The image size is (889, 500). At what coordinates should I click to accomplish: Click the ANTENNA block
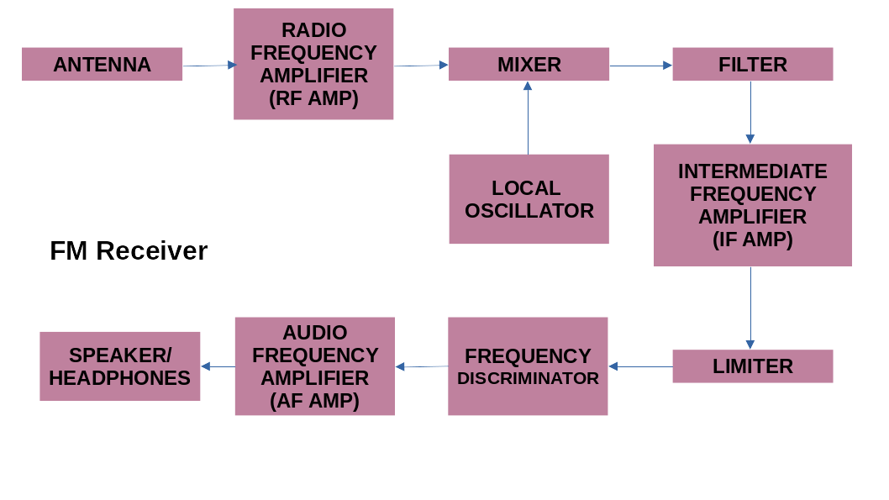click(102, 65)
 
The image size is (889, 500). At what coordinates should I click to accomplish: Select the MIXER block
click(529, 65)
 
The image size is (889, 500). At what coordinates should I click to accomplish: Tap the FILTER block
click(752, 65)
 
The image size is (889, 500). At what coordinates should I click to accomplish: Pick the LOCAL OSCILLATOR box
click(529, 199)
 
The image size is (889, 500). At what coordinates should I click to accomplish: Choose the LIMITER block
click(752, 366)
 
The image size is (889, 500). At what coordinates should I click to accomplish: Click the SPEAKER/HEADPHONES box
click(119, 366)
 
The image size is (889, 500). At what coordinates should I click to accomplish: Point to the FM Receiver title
click(129, 250)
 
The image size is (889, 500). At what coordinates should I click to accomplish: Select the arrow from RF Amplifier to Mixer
click(420, 66)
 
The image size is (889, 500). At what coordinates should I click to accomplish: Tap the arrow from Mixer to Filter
click(640, 66)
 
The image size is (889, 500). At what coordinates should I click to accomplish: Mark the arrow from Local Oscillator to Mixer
click(528, 118)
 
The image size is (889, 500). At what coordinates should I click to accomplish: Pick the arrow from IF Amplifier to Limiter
click(750, 308)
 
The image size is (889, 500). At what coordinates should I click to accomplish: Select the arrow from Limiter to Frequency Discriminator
click(640, 366)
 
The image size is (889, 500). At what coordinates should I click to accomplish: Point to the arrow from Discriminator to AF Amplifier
click(421, 366)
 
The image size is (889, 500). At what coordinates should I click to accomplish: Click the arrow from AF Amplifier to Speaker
click(218, 366)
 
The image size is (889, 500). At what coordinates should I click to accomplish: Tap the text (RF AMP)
click(313, 98)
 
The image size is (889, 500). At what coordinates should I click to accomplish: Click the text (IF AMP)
click(752, 239)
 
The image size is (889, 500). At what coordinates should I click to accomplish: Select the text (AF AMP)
click(314, 401)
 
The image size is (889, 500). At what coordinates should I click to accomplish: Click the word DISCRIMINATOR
click(528, 378)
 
